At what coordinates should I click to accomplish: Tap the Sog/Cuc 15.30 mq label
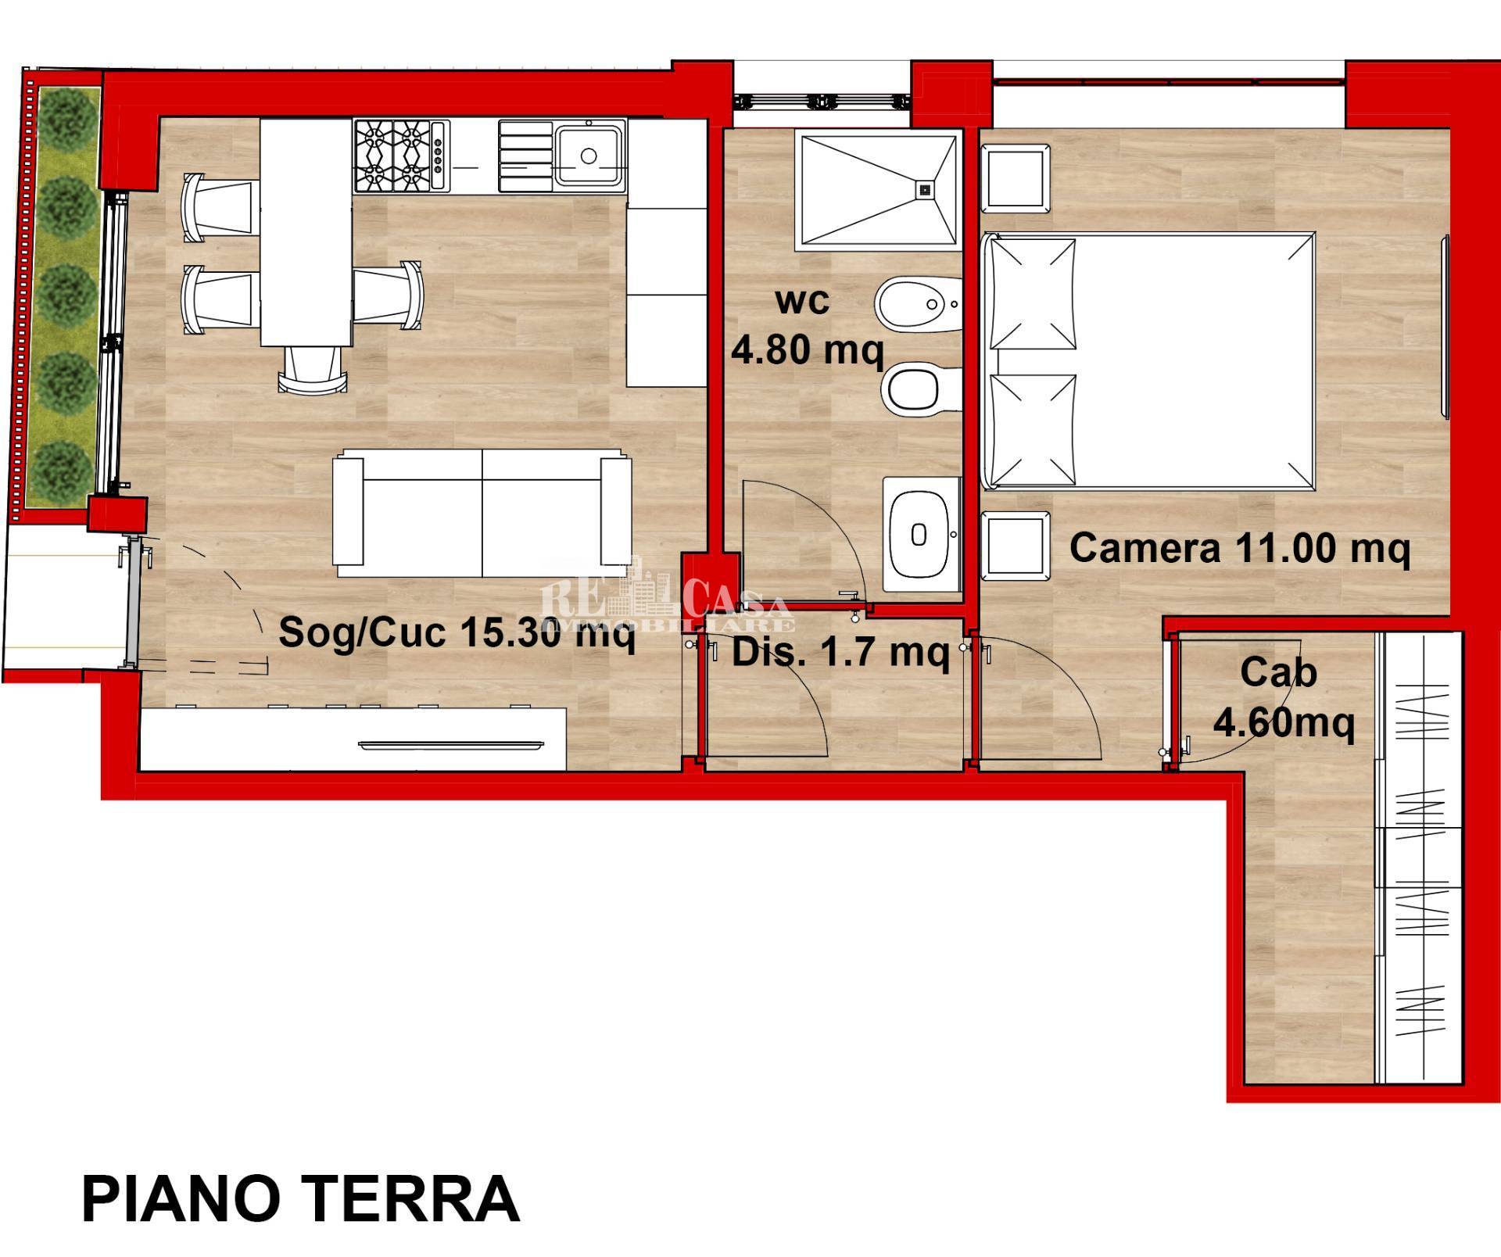click(x=456, y=632)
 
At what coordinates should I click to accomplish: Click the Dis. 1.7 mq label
click(x=840, y=651)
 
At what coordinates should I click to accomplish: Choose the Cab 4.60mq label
click(x=1282, y=697)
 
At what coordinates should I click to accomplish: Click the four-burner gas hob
click(x=401, y=156)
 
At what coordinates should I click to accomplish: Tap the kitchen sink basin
click(x=589, y=156)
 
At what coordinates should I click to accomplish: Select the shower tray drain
click(x=925, y=188)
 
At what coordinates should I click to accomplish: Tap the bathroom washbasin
click(x=920, y=535)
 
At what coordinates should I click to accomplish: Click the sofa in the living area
click(x=482, y=512)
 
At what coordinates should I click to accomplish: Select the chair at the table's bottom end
click(x=312, y=369)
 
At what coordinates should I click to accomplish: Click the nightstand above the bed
click(x=1015, y=177)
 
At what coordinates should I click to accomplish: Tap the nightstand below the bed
click(x=1015, y=546)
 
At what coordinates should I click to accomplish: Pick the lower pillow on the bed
click(x=1032, y=429)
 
